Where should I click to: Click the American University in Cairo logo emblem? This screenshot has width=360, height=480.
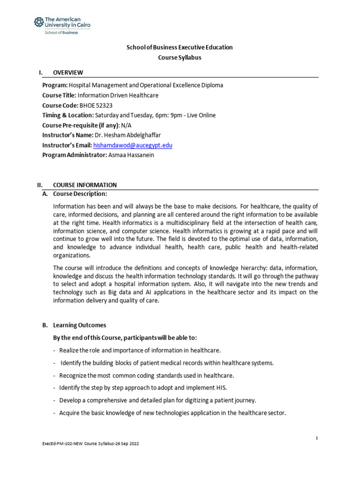38,22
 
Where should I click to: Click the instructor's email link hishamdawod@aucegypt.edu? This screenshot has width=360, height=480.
133,145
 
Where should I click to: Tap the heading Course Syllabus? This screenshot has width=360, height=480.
180,58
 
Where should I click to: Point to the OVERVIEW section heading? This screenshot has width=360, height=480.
68,72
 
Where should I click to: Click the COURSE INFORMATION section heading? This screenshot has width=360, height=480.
85,185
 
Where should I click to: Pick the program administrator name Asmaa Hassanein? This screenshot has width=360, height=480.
131,156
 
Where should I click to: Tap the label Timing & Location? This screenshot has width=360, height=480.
68,115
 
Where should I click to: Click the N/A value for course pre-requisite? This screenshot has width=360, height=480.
127,126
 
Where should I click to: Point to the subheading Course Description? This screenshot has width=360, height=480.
80,194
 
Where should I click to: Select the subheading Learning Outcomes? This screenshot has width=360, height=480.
80,325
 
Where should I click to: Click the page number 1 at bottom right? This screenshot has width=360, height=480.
317,437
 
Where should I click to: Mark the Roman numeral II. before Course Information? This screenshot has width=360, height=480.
40,185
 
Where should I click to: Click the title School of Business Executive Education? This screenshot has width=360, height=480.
180,47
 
